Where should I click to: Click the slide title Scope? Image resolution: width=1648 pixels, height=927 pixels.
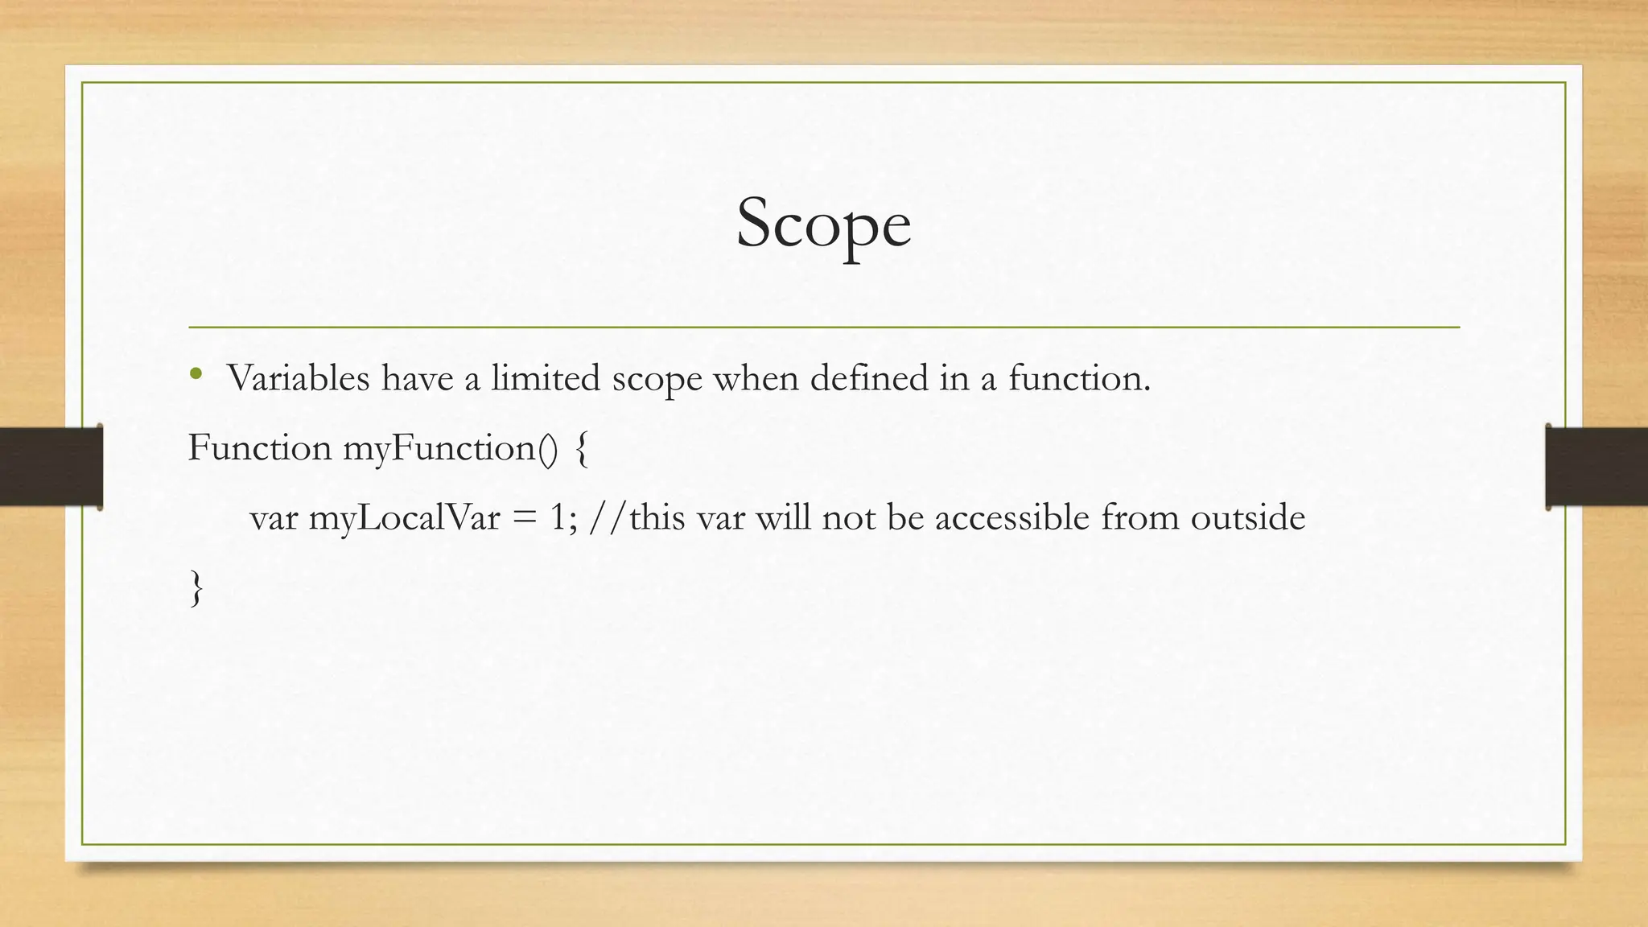click(x=823, y=224)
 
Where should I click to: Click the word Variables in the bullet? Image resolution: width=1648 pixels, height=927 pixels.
click(x=298, y=378)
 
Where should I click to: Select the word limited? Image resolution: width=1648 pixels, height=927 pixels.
click(x=546, y=378)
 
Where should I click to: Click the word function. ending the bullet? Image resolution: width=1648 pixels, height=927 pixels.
click(x=1079, y=378)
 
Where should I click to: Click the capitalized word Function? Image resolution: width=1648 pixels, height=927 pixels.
click(x=259, y=447)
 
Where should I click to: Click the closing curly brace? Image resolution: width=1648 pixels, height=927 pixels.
click(x=196, y=588)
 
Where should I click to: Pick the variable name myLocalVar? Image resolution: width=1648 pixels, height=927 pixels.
click(x=404, y=517)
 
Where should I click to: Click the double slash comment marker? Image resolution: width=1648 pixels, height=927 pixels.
click(x=608, y=517)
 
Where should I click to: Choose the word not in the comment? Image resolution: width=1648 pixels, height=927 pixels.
click(x=848, y=517)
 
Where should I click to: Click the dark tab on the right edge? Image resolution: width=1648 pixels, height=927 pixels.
click(x=1596, y=467)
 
